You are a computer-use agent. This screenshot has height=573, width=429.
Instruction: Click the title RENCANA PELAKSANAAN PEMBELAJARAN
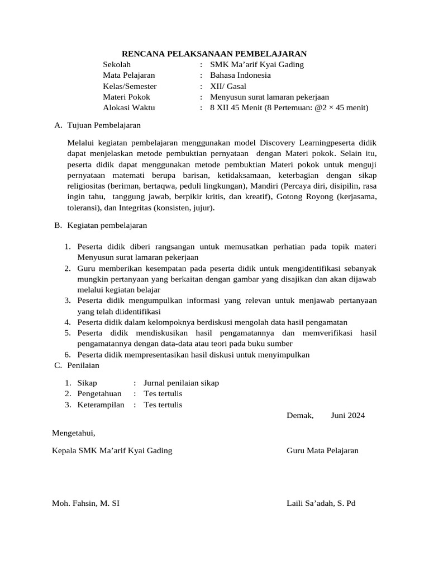click(x=214, y=54)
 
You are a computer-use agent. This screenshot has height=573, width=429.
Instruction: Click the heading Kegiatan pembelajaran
click(x=107, y=226)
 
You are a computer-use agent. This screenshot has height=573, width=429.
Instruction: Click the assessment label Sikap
click(x=87, y=383)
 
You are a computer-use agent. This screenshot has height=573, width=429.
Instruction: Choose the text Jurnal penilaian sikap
click(x=181, y=383)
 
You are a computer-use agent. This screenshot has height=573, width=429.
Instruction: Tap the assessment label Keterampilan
click(x=101, y=405)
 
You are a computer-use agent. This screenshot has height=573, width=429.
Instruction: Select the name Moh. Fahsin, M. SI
click(x=85, y=503)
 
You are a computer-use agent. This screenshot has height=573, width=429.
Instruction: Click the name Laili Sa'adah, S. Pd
click(x=321, y=503)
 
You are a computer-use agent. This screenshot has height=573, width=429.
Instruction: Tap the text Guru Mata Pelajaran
click(x=322, y=450)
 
